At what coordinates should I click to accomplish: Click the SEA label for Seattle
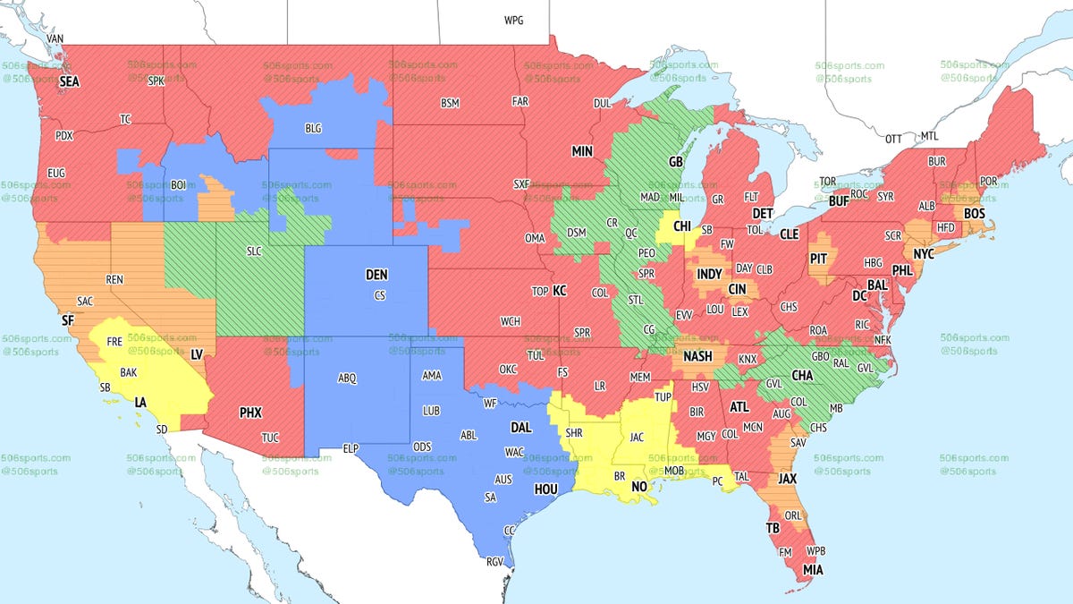coord(69,81)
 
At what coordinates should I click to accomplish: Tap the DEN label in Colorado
coord(377,276)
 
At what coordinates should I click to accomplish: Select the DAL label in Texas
coord(520,428)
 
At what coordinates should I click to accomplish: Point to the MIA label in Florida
coord(814,570)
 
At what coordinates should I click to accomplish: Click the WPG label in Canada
coord(514,20)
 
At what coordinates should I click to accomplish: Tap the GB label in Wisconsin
coord(676,164)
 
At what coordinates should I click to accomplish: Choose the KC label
coord(559,291)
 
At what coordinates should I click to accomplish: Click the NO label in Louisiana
coord(640,487)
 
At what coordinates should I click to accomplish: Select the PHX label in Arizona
coord(250,413)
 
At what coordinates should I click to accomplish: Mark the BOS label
coord(975,214)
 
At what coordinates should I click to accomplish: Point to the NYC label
coord(923,254)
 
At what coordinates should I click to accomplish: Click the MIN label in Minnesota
coord(582,151)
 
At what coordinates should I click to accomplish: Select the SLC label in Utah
coord(254,251)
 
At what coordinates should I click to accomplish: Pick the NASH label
coord(697,356)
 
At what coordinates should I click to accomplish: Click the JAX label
coord(787,479)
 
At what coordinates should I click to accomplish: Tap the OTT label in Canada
coord(893,139)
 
